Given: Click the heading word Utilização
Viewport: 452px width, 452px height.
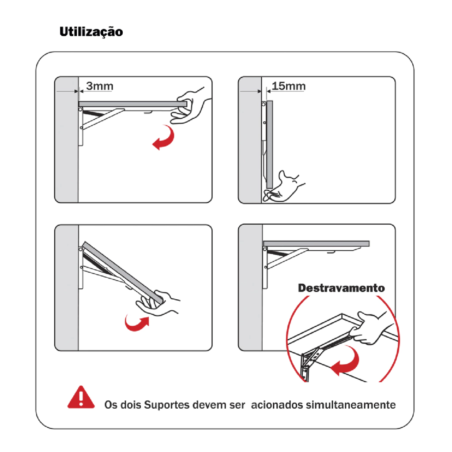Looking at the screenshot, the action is [91, 32].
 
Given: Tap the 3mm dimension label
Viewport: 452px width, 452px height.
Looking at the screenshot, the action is [100, 86].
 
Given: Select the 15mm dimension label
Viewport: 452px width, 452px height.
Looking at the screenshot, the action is [289, 86].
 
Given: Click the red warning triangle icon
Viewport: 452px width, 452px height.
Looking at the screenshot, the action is [81, 397].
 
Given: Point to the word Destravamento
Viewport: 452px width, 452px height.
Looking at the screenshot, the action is [341, 288].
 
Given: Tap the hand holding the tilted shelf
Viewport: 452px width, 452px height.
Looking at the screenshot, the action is [157, 303].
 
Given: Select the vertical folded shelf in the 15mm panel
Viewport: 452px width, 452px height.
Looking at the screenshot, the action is [270, 144].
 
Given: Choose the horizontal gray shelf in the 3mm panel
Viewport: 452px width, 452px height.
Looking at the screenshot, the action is [133, 104].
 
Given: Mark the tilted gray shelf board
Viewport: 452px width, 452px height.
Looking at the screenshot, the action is [123, 272].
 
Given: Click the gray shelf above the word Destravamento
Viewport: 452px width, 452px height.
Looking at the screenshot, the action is [316, 244].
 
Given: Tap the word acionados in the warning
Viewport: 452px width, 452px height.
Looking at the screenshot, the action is [277, 405].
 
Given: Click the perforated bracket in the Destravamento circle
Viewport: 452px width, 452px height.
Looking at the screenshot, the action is [310, 364].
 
